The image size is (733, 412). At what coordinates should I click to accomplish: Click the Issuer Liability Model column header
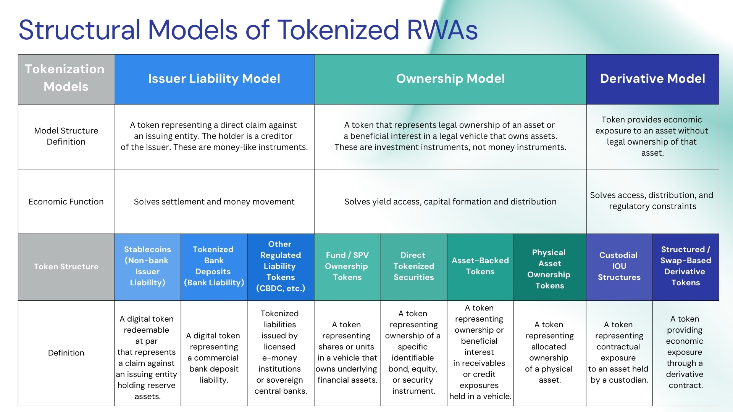click(214, 79)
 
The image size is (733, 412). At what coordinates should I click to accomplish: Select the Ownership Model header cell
click(450, 79)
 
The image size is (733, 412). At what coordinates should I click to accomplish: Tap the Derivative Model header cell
click(653, 79)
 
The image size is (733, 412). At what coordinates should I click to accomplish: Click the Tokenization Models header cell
click(66, 79)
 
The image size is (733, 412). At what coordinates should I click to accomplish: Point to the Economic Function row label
click(66, 201)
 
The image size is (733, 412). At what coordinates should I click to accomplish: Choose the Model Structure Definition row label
click(66, 136)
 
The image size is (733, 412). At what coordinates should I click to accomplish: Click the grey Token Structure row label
click(66, 267)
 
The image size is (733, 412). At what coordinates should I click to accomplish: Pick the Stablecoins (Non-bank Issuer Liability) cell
click(147, 266)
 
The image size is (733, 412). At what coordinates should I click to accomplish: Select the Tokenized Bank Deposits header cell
click(214, 266)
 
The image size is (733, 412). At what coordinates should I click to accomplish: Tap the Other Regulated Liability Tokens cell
click(281, 266)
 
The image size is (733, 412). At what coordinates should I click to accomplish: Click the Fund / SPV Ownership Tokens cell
click(347, 266)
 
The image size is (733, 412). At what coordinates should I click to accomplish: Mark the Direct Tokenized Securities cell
click(414, 266)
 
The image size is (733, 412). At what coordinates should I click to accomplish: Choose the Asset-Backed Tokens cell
click(480, 266)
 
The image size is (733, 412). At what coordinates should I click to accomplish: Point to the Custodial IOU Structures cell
click(619, 266)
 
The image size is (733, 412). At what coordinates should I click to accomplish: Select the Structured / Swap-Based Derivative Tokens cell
click(686, 266)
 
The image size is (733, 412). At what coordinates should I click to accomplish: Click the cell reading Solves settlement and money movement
click(214, 201)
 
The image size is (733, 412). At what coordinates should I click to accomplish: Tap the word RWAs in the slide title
click(442, 30)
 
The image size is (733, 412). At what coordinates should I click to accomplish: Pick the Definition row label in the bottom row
click(66, 353)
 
